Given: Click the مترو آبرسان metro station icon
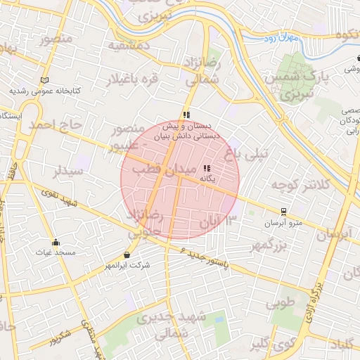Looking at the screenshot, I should [x=283, y=211].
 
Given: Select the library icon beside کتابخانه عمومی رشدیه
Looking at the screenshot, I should [x=46, y=80].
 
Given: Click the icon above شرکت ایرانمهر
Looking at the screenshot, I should [x=127, y=255].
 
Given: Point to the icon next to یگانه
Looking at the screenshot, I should [x=207, y=169].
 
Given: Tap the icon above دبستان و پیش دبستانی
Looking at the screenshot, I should [x=186, y=114].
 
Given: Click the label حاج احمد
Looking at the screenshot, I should [x=56, y=125].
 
